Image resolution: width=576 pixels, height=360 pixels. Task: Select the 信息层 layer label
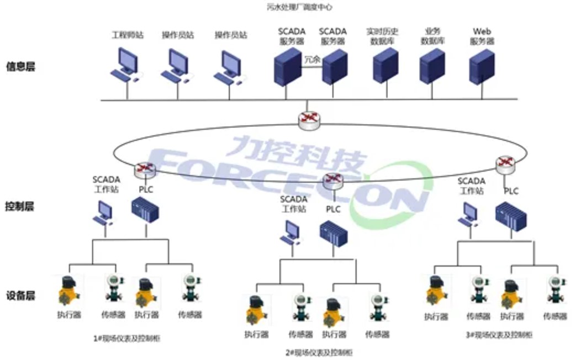[20, 67]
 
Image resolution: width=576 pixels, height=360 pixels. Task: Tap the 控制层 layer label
[20, 207]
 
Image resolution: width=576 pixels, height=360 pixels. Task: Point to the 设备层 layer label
[20, 296]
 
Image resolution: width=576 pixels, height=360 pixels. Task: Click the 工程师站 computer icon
[127, 64]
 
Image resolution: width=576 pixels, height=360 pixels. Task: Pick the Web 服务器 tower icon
[482, 66]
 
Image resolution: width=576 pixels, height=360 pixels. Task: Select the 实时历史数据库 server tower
[385, 66]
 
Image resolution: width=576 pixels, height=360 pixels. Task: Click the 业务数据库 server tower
[432, 66]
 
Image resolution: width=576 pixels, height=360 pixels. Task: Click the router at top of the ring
[306, 120]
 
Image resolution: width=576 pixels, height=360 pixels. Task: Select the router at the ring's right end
[505, 163]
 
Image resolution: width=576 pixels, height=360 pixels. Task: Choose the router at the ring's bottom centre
[332, 180]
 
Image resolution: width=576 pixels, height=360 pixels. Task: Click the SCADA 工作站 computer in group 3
[469, 214]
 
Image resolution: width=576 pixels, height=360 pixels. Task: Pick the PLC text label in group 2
[333, 209]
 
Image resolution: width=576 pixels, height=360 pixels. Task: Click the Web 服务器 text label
[482, 36]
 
